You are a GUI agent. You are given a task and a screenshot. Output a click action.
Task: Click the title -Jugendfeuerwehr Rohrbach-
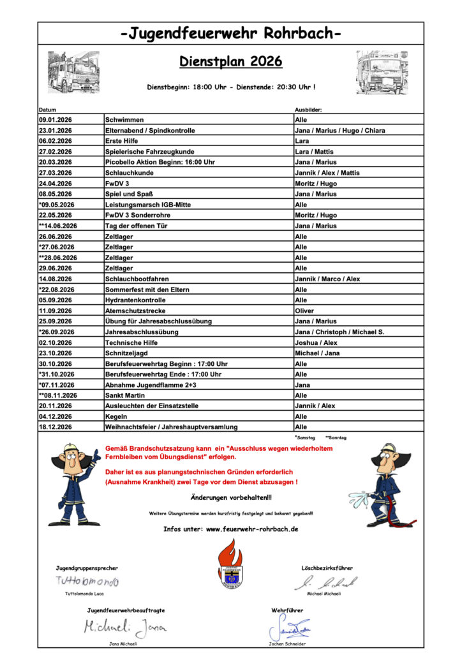pyautogui.click(x=230, y=34)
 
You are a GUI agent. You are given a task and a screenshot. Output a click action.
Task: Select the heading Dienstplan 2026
pyautogui.click(x=230, y=62)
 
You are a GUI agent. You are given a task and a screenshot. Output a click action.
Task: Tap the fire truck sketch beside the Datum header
pyautogui.click(x=73, y=72)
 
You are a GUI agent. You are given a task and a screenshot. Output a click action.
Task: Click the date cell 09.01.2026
pyautogui.click(x=56, y=120)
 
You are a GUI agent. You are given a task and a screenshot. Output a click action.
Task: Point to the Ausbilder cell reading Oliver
pyautogui.click(x=304, y=311)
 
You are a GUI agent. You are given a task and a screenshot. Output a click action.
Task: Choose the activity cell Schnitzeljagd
pyautogui.click(x=128, y=353)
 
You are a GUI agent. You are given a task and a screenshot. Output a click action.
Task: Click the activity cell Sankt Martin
pyautogui.click(x=125, y=395)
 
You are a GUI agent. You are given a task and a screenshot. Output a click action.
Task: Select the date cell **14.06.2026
pyautogui.click(x=58, y=226)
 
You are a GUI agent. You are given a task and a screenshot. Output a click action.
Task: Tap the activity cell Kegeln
pyautogui.click(x=116, y=416)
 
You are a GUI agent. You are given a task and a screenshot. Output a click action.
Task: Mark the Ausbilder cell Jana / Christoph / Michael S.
pyautogui.click(x=339, y=332)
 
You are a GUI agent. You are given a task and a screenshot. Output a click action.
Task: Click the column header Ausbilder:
pyautogui.click(x=308, y=110)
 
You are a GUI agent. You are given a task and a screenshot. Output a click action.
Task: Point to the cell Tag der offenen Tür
pyautogui.click(x=135, y=226)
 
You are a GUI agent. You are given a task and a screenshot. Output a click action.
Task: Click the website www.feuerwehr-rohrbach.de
pyautogui.click(x=252, y=529)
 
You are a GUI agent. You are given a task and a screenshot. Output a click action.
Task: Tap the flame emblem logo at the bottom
pyautogui.click(x=230, y=564)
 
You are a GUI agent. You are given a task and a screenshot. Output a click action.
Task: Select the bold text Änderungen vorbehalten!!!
pyautogui.click(x=231, y=497)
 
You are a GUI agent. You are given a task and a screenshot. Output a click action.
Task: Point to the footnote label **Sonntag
pyautogui.click(x=336, y=438)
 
